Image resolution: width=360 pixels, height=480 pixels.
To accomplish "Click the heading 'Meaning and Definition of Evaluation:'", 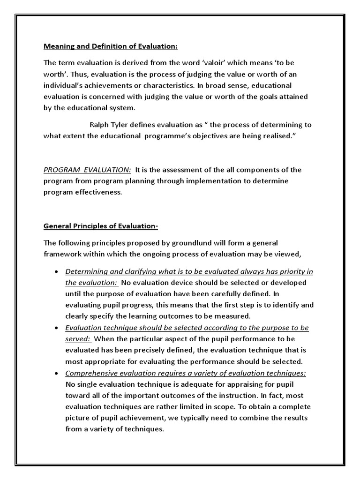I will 111,46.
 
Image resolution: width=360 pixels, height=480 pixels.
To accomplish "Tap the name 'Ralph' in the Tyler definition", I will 99,125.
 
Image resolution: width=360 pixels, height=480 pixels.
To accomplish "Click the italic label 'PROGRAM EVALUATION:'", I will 87,170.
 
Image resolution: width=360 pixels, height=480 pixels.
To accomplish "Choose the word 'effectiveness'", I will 98,192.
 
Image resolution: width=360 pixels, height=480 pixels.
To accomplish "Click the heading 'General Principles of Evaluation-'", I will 101,226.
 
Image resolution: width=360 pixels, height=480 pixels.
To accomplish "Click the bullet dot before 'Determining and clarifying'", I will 57,272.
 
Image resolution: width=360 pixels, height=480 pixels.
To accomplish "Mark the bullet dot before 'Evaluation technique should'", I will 57,328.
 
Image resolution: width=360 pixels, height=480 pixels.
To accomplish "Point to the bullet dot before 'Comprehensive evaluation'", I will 57,374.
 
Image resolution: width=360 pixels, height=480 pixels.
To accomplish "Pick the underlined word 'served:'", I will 78,339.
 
